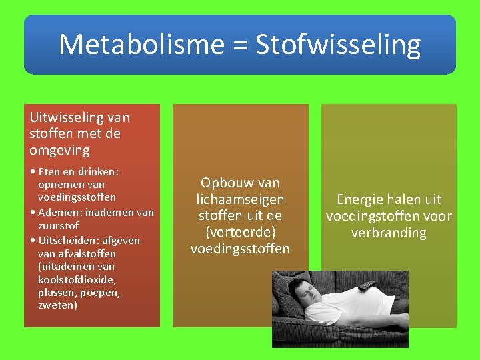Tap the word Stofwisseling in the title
point(338,45)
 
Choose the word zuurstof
point(59,226)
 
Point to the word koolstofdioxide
point(77,279)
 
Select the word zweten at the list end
point(58,305)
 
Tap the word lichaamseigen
point(240,199)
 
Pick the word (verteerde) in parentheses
point(240,232)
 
